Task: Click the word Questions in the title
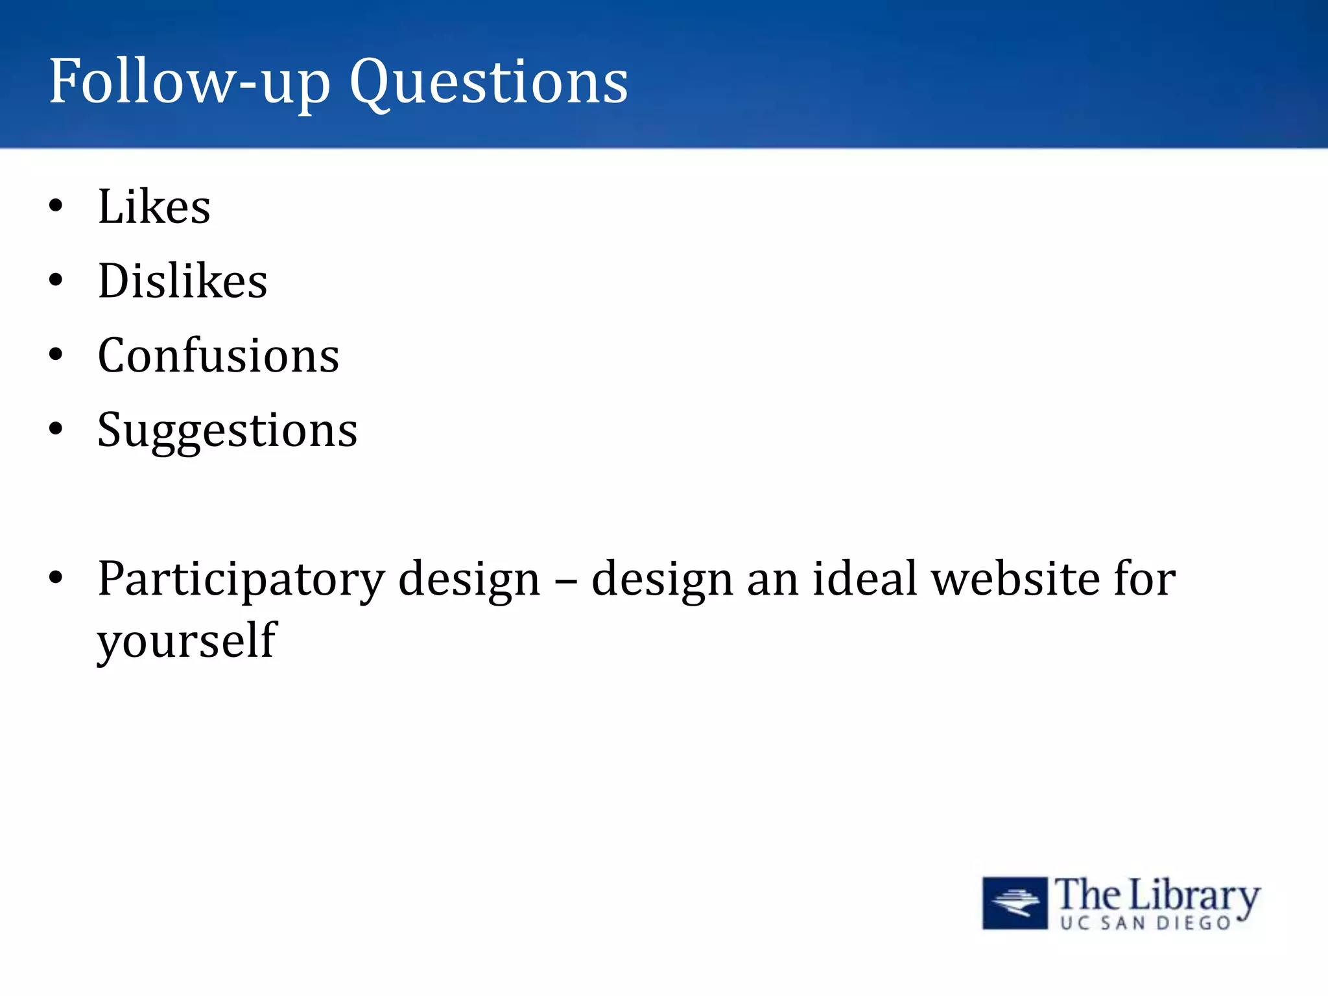coord(489,83)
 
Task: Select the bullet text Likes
coord(154,207)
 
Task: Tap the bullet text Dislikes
coord(182,281)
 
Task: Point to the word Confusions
coord(218,356)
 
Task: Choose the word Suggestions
coord(227,431)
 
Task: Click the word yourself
coord(187,641)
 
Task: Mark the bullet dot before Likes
coord(56,206)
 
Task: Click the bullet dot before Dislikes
coord(56,281)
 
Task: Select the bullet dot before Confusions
coord(56,355)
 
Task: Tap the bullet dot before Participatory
coord(56,577)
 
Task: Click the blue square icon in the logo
coord(1015,903)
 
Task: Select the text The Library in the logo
coord(1156,895)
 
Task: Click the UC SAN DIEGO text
coord(1145,923)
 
